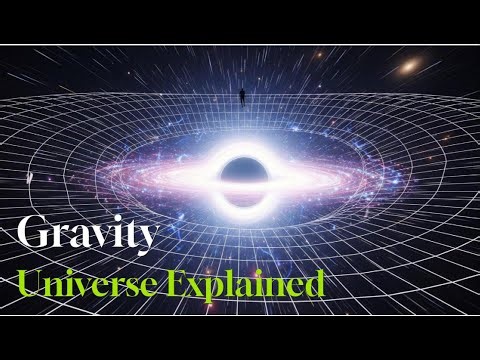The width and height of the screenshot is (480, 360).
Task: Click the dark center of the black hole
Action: pos(240,172)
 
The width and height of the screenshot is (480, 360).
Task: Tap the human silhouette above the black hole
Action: pos(240,97)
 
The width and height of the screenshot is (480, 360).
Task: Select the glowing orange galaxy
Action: pos(412,67)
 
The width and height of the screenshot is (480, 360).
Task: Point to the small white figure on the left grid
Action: pos(34,177)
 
